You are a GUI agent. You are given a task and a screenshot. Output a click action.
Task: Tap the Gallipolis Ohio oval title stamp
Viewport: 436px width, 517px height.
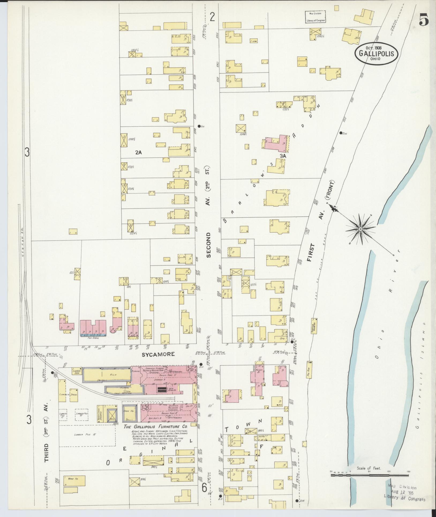pos(376,53)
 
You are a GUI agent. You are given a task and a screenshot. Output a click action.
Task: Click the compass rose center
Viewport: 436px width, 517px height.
pos(360,229)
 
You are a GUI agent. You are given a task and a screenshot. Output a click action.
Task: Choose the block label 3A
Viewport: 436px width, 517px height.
pos(283,156)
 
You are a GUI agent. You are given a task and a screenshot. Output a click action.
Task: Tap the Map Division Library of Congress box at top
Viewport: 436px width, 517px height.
pos(316,17)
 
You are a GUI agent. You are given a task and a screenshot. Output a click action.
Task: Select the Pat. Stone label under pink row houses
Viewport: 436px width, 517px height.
pos(93,338)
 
